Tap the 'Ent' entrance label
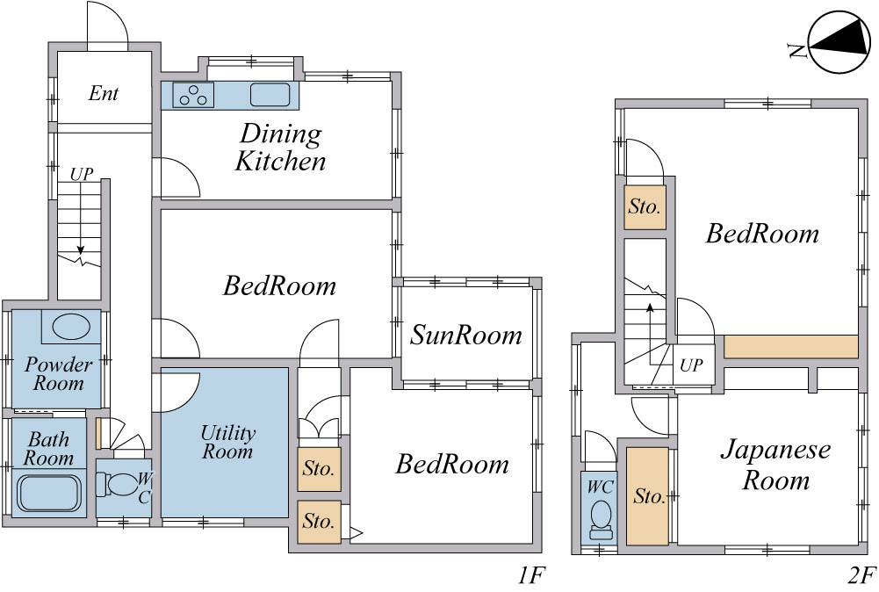coord(104,93)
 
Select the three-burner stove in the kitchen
coord(193,95)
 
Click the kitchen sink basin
coord(270,95)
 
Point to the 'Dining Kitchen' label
coord(280,148)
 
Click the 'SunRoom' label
coord(466,336)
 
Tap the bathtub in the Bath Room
coord(49,493)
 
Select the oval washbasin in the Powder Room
coord(71,326)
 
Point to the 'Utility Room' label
coord(227,442)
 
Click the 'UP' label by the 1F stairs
coord(82,174)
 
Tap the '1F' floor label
coord(530,575)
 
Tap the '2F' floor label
coord(861,575)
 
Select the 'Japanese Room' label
coord(775,465)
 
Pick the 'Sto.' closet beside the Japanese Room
coord(647,496)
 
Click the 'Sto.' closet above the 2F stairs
coord(645,207)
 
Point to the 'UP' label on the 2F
coord(691,365)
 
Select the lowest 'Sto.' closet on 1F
coord(319,522)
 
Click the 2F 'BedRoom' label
coord(762,234)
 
